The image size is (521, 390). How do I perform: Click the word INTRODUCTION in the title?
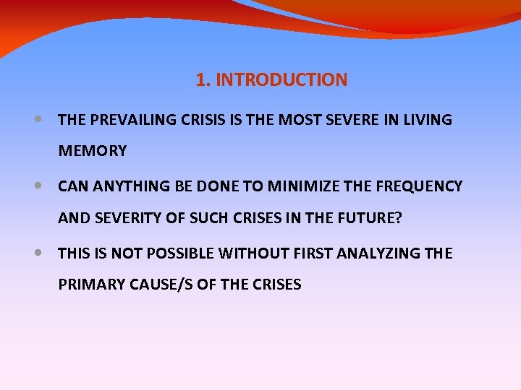click(x=281, y=80)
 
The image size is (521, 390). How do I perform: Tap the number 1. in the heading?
click(x=203, y=80)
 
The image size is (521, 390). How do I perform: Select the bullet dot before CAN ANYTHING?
click(x=38, y=186)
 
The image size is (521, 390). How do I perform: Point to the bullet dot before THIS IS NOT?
click(x=38, y=253)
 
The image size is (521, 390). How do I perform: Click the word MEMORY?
click(x=93, y=151)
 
